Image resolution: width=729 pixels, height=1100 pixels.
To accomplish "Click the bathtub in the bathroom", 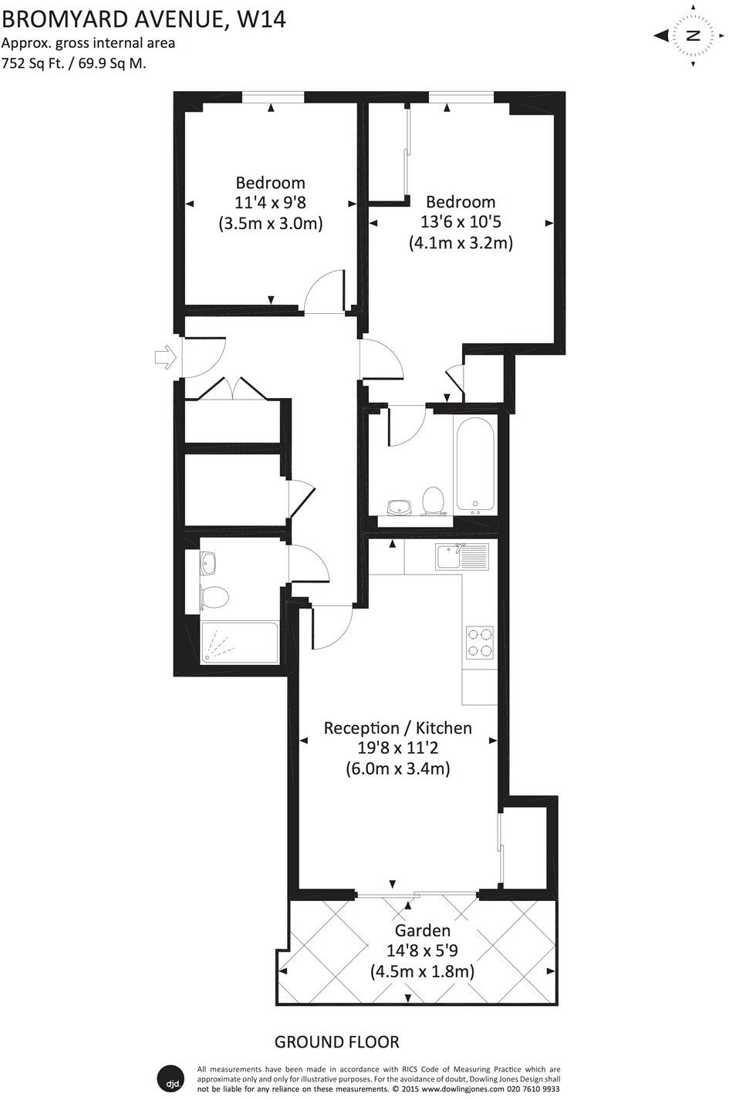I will tap(474, 466).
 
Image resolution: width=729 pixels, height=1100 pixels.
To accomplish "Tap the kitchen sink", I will tap(461, 556).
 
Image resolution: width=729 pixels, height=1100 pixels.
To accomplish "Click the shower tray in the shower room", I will tap(239, 643).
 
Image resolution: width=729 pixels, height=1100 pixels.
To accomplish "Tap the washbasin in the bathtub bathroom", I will tap(400, 507).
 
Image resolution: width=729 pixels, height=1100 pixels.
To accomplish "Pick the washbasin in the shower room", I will tap(208, 564).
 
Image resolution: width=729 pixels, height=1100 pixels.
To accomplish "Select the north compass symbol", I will tap(692, 35).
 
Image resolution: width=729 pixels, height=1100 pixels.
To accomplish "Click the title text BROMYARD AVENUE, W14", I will tap(143, 19).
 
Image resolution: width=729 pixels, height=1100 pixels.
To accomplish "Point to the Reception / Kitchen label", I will tap(397, 727).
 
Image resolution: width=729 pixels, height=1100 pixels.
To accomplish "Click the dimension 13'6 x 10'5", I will tap(461, 222).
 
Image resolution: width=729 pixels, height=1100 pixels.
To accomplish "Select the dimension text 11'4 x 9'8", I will tap(270, 203).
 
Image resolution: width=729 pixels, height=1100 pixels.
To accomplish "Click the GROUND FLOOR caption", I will tap(337, 1042).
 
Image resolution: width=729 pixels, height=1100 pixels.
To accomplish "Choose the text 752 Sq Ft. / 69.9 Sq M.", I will tap(74, 63).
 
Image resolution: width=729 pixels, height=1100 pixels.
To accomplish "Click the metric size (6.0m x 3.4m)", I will tap(397, 768).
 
